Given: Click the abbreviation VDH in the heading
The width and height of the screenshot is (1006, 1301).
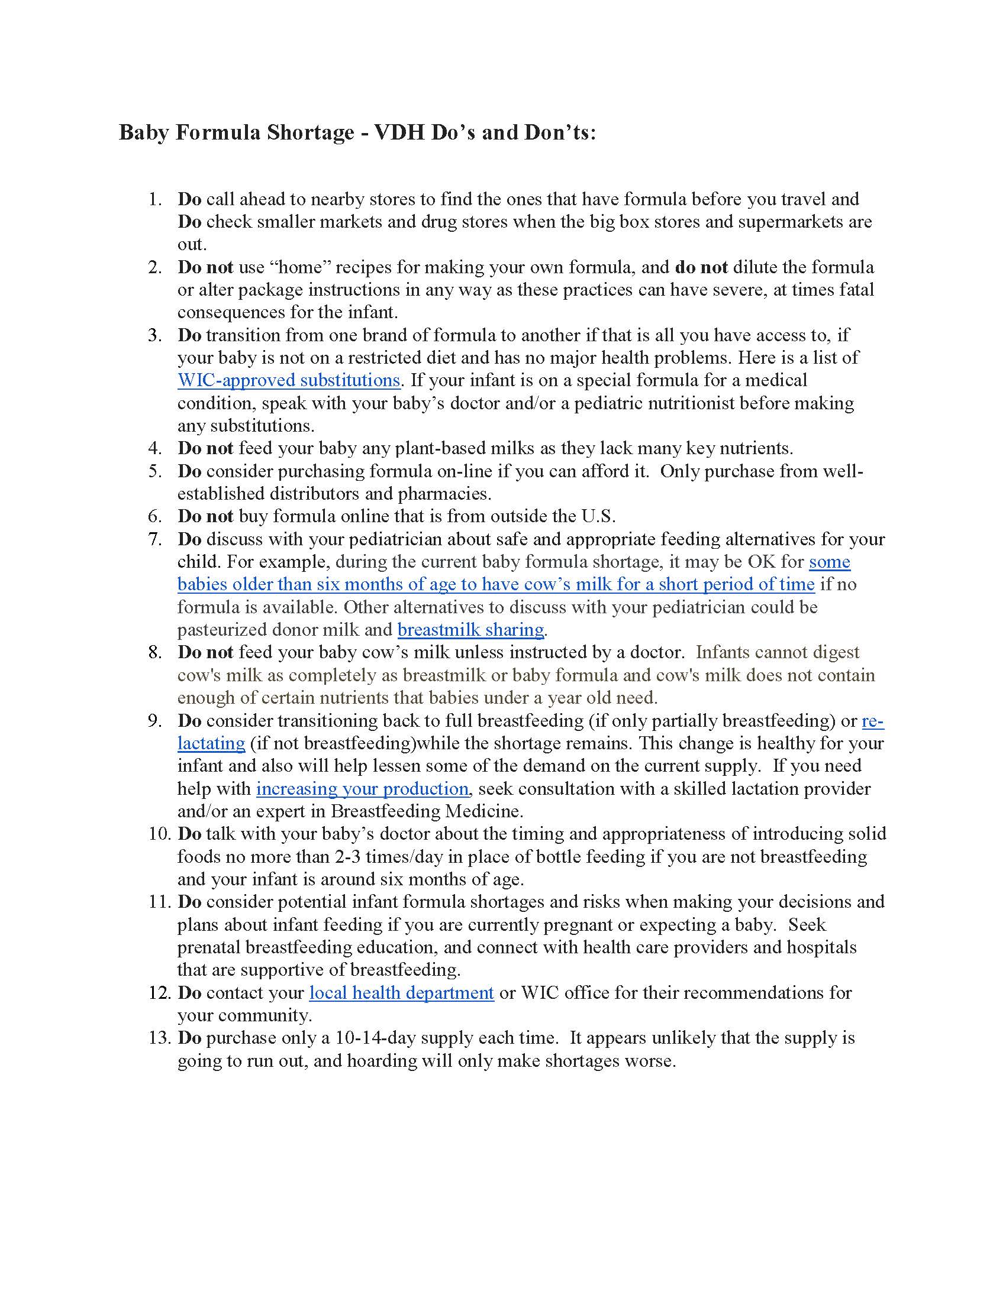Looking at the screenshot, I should [399, 132].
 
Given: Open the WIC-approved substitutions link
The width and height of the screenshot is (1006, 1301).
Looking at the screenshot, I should [288, 380].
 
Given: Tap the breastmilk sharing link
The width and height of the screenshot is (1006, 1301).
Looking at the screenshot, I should [470, 630].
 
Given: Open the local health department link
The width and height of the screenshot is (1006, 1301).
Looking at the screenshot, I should [401, 993].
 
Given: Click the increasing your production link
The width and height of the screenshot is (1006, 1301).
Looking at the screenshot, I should [362, 789].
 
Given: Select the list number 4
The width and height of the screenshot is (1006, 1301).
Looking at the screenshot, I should [155, 449].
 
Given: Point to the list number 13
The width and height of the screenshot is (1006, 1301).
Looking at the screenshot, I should [159, 1038].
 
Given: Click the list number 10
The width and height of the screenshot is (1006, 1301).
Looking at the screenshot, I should [159, 834].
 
